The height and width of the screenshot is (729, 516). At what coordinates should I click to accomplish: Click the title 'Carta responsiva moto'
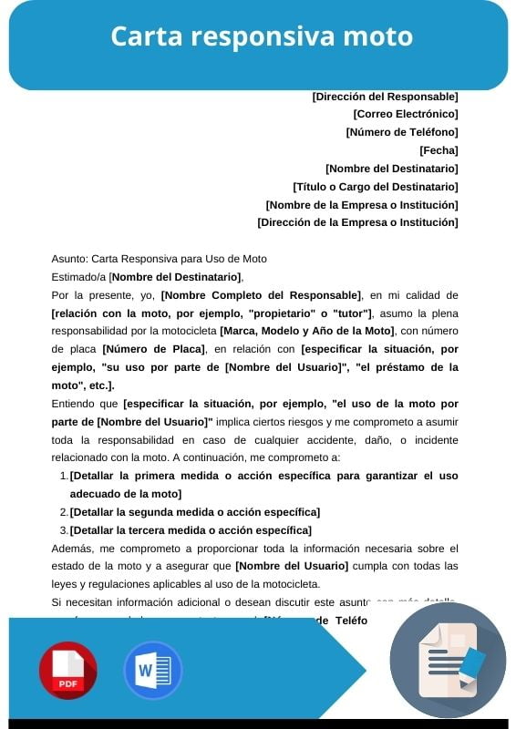pos(262,36)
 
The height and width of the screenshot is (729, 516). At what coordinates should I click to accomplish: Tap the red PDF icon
pos(67,670)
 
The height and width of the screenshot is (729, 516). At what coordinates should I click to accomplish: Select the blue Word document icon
pos(152,670)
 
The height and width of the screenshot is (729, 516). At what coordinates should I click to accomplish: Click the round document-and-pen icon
pos(448,662)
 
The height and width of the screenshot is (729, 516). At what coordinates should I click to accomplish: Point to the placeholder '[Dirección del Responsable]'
pos(385,96)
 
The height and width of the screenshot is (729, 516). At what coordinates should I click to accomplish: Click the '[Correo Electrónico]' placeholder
pos(405,114)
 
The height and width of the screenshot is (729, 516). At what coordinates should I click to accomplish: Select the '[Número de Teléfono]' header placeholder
pos(401,132)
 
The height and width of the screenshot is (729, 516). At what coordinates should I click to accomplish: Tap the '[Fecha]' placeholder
pos(439,150)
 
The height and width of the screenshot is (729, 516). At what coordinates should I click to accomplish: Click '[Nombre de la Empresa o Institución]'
pos(361,205)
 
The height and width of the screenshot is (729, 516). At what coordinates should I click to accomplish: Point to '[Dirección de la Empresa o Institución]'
pos(357,222)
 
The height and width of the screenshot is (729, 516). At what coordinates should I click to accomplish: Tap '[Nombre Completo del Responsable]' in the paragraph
pos(261,295)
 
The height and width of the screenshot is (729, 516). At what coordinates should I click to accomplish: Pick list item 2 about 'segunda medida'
pos(194,512)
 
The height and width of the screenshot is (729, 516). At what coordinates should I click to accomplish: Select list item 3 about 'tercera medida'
pos(191,530)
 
